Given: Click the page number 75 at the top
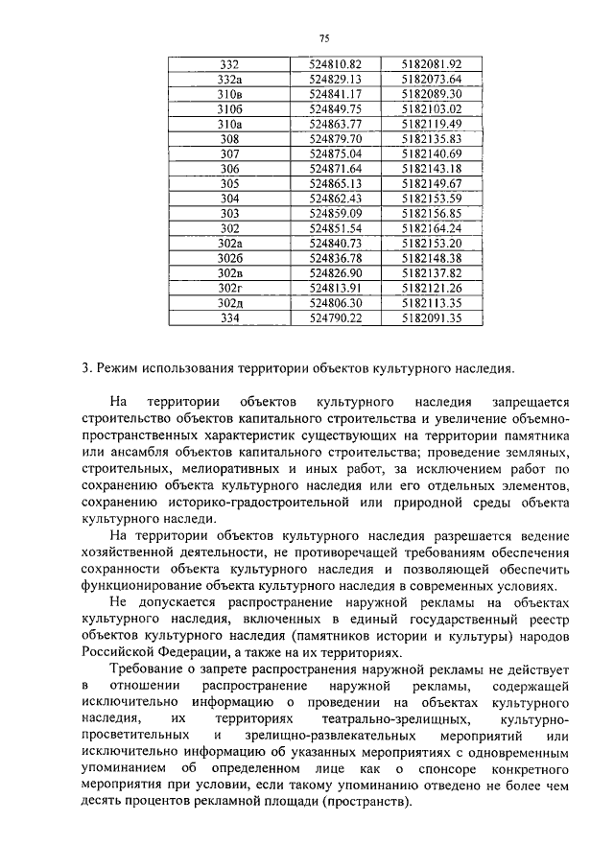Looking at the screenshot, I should click(323, 38).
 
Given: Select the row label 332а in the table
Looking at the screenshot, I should click(229, 79).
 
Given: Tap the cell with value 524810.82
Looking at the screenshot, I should click(335, 63).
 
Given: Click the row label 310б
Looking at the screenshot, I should click(229, 109).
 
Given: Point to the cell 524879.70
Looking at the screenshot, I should click(335, 139).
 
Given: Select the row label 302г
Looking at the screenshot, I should click(229, 289).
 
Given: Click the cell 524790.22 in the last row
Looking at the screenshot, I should click(335, 318).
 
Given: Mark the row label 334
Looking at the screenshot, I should click(229, 318).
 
